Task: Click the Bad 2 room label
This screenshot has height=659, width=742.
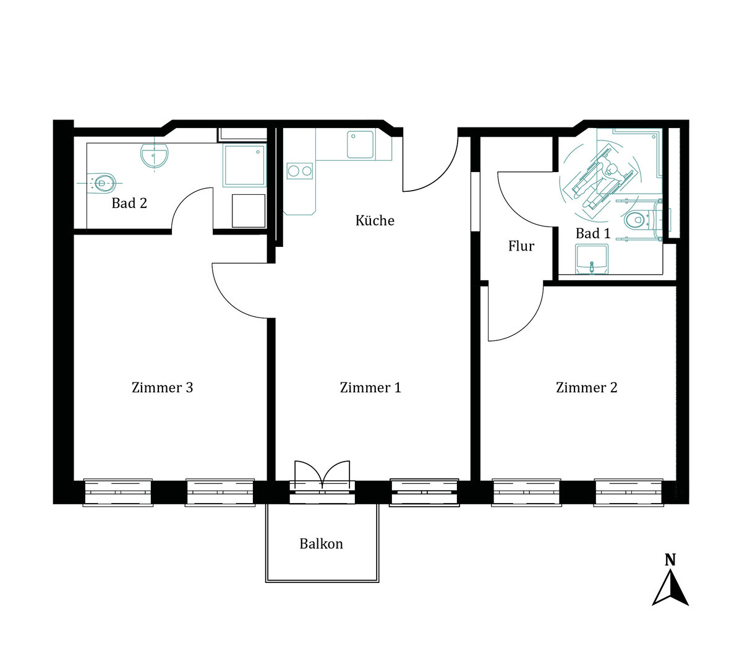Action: [x=129, y=203]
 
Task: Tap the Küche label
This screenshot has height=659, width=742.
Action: [x=375, y=220]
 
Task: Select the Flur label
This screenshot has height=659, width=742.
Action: [x=521, y=246]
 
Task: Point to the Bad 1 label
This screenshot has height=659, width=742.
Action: [x=593, y=233]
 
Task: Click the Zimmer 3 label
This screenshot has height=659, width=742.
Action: [x=162, y=387]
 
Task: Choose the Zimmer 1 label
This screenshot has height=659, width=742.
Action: [x=370, y=387]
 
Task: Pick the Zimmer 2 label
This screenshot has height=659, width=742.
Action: [x=586, y=387]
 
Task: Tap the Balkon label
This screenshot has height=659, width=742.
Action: [x=321, y=544]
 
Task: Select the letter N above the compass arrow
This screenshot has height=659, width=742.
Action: [x=670, y=559]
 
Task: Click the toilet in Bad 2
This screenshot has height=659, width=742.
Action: [x=102, y=183]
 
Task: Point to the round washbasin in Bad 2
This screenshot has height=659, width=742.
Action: [x=154, y=155]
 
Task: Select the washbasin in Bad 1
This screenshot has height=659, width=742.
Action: [x=592, y=259]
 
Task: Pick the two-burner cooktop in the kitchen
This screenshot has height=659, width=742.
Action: [x=300, y=171]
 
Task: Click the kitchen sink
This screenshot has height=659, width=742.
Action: [x=360, y=144]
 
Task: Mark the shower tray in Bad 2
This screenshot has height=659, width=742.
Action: [x=245, y=165]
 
